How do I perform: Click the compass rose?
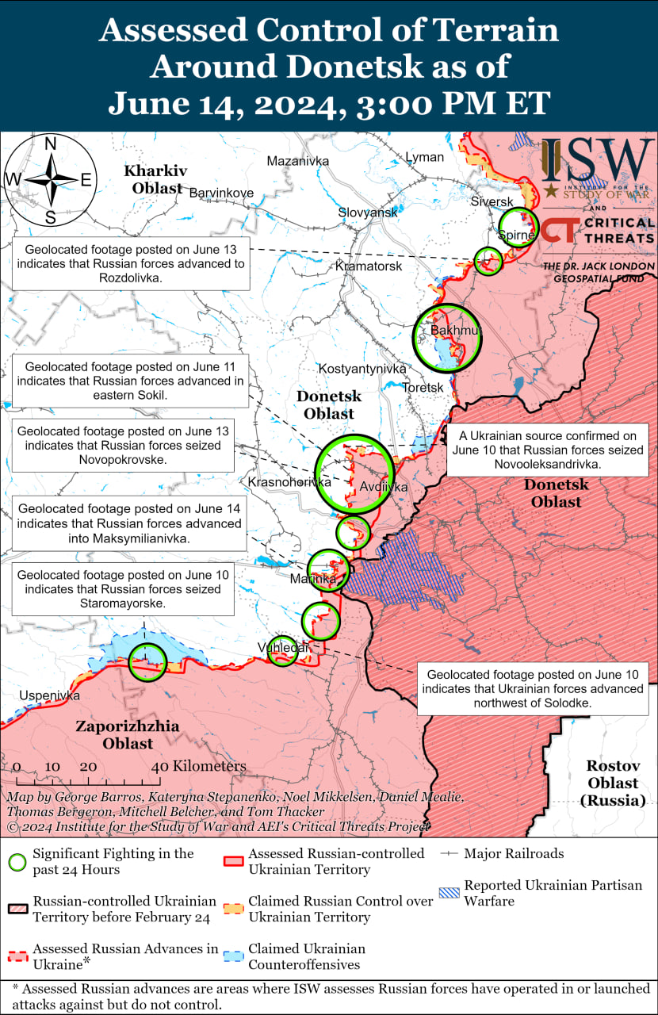click(50, 180)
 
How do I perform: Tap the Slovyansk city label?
click(367, 213)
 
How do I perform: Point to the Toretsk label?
click(423, 387)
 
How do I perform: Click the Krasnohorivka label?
click(289, 482)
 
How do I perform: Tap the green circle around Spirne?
click(518, 228)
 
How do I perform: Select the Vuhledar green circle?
click(282, 650)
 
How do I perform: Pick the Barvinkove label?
click(221, 193)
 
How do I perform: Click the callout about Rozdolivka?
click(131, 264)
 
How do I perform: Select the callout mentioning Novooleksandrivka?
click(547, 450)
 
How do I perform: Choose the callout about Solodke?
click(532, 688)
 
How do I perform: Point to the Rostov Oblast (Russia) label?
click(612, 783)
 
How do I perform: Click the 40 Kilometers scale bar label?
click(199, 766)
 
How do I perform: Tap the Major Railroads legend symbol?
click(450, 853)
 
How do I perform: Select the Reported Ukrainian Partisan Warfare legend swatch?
click(450, 892)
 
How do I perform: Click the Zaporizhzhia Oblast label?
click(127, 734)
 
